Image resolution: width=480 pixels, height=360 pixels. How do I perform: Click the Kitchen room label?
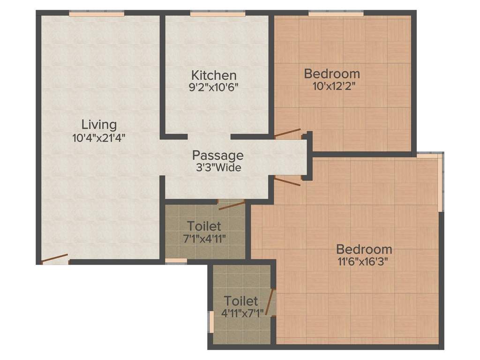214,75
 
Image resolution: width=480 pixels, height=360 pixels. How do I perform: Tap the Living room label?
99,125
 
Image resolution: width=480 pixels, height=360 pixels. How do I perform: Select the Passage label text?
218,155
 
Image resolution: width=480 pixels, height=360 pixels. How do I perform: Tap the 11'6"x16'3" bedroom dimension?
364,261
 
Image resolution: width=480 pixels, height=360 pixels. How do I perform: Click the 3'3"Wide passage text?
218,167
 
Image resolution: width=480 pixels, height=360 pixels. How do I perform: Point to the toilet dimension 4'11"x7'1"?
241,313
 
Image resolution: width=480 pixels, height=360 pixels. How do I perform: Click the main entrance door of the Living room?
55,259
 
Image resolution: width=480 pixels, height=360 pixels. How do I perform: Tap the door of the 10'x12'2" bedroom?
287,133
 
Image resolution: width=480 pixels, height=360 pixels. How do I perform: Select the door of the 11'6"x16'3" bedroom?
287,181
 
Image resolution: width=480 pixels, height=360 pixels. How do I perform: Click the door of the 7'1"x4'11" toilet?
232,203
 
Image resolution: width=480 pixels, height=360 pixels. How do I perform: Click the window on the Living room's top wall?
97,14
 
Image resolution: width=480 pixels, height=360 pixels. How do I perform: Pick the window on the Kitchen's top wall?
217,14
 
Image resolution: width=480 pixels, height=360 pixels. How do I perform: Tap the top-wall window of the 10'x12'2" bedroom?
336,14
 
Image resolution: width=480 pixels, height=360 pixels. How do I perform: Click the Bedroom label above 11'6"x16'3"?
364,249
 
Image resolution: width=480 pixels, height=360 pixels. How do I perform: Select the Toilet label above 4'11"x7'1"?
241,300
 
